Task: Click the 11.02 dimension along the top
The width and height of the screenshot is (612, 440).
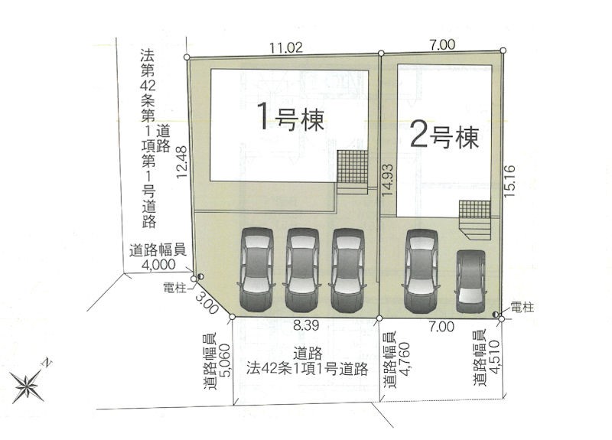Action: click(286, 47)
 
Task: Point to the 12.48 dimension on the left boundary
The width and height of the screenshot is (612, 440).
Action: click(182, 162)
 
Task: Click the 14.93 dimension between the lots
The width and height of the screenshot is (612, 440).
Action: click(388, 180)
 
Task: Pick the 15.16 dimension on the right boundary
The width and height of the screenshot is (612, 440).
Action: click(509, 181)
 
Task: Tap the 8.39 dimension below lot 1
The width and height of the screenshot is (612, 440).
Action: click(307, 326)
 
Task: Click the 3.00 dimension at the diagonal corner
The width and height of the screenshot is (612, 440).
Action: click(207, 303)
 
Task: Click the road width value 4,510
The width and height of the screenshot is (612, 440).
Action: click(494, 357)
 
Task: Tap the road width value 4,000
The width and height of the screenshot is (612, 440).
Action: click(159, 265)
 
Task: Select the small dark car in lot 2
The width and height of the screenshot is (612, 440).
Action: click(471, 281)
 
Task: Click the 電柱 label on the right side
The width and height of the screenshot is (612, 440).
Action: click(522, 308)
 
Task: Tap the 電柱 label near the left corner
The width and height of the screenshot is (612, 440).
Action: click(175, 288)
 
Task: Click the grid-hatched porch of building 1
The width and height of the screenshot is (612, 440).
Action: click(353, 167)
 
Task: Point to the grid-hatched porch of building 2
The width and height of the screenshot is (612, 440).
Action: click(474, 210)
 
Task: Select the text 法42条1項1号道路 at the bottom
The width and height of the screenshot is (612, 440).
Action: click(308, 369)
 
